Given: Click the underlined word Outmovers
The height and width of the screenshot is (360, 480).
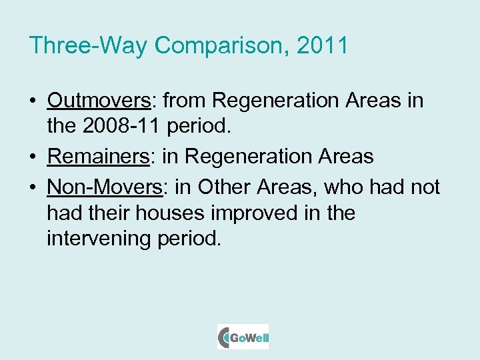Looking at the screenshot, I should coord(99,101).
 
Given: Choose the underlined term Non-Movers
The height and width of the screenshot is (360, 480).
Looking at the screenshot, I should coord(105,187).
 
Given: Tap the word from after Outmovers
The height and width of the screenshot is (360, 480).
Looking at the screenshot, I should coord(186,101).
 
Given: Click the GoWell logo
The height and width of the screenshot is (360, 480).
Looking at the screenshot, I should coord(243,337).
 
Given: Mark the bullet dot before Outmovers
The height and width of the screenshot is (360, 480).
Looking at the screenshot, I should coord(33,101).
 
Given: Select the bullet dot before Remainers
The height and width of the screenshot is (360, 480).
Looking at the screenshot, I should coord(33,157).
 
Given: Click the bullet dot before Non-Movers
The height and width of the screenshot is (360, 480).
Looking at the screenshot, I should coord(33,188).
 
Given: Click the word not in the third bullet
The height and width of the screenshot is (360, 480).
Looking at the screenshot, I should coord(425,187).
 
